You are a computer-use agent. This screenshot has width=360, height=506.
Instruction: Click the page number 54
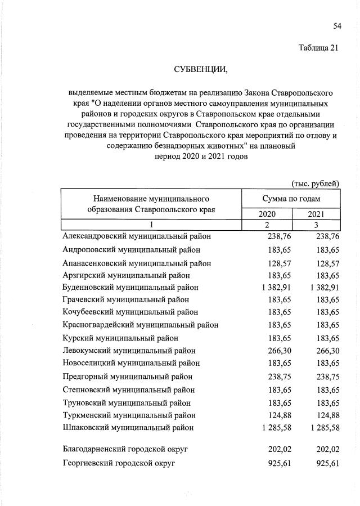tap(337, 26)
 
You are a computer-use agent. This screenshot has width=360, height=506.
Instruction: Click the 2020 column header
tap(267, 214)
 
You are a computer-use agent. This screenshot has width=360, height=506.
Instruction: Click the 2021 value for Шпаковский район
tap(319, 428)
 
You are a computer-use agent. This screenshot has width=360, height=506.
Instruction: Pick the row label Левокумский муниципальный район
tap(129, 351)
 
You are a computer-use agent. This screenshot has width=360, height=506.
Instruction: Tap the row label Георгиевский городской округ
tap(119, 463)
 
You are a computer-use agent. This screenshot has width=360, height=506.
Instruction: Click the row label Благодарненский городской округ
tap(125, 449)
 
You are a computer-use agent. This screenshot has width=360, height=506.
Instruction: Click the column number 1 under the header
tap(151, 225)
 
